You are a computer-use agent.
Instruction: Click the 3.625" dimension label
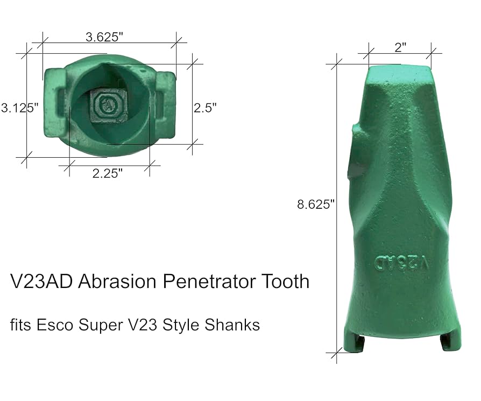104,37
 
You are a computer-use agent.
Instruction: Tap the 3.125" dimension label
19,107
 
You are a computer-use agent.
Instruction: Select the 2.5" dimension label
205,107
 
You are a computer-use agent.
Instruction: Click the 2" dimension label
400,47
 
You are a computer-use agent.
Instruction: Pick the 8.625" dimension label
316,204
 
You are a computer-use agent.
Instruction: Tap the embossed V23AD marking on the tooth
403,263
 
